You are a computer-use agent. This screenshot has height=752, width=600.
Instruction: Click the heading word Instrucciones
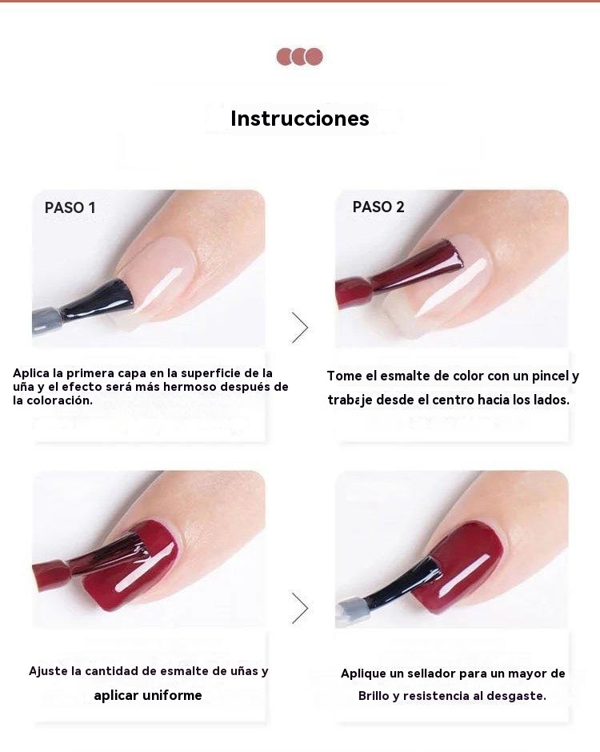point(300,119)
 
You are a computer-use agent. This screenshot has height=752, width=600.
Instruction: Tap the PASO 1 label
point(70,207)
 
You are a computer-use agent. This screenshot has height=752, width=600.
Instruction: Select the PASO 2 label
point(378,207)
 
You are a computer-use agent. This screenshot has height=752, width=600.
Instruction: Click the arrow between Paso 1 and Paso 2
point(300,328)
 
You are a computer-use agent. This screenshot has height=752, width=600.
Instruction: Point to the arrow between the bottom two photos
point(300,608)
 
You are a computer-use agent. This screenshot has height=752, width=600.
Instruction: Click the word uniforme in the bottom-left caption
point(172,695)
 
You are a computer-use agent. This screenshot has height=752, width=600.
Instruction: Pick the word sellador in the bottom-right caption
point(432,674)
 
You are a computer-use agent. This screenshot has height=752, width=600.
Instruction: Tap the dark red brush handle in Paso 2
point(353,292)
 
